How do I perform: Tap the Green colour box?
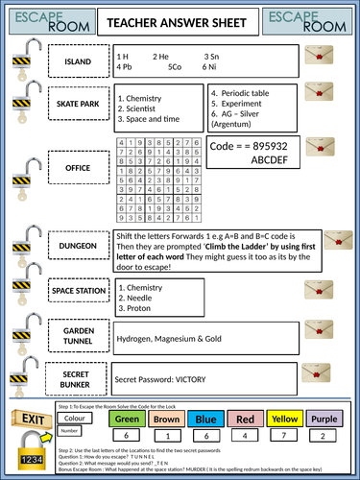[128, 418]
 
